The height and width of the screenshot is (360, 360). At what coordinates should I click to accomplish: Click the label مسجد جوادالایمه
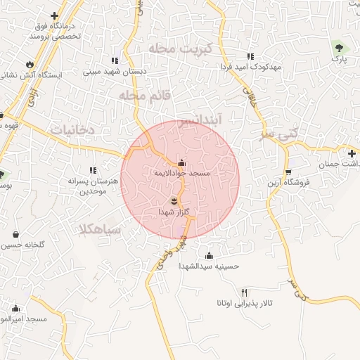(x=182, y=172)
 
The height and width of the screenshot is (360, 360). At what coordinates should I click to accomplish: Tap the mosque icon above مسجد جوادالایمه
(x=182, y=162)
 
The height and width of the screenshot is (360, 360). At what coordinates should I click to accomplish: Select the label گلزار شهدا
(x=174, y=211)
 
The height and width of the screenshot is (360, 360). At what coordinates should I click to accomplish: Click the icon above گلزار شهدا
(x=174, y=201)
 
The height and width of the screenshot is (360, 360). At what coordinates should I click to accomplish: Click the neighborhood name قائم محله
(x=141, y=95)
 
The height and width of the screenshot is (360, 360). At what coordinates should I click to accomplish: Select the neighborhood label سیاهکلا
(x=101, y=229)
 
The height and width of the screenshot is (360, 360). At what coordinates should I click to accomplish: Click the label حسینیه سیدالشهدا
(x=209, y=266)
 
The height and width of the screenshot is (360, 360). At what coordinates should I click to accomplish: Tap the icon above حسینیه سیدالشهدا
(x=209, y=255)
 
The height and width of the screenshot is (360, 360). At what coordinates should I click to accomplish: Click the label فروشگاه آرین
(x=288, y=183)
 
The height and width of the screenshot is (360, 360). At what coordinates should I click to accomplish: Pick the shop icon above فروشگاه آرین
(x=288, y=172)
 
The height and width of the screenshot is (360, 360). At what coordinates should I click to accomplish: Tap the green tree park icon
(x=340, y=48)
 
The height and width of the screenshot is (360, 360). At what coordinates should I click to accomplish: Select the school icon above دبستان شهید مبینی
(x=115, y=61)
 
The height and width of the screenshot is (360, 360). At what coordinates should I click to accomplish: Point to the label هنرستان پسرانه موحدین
(x=93, y=186)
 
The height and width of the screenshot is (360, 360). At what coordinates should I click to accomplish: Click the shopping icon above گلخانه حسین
(x=15, y=235)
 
